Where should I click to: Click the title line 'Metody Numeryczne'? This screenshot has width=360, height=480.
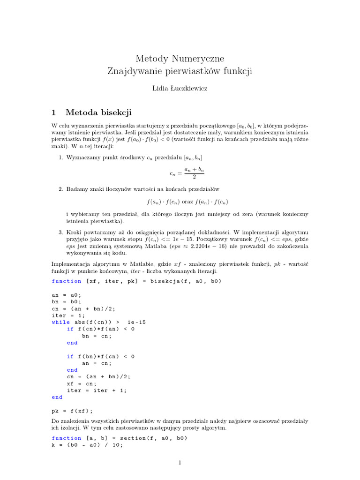click(180, 59)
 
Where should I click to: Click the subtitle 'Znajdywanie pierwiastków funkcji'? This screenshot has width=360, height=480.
click(180, 71)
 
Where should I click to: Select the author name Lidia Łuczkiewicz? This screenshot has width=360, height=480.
click(180, 88)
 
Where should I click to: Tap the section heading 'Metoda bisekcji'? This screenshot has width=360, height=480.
click(99, 112)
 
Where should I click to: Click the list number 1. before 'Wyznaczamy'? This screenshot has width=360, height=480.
click(61, 157)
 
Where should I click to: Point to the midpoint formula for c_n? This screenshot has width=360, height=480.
click(187, 172)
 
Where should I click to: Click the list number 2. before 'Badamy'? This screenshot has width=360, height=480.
click(61, 188)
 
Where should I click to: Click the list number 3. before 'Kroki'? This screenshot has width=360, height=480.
click(61, 232)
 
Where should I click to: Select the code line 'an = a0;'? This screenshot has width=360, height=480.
click(66, 295)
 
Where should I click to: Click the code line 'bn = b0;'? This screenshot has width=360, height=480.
click(66, 302)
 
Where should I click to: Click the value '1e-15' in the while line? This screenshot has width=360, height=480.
click(136, 322)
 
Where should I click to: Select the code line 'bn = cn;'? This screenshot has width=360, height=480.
click(97, 336)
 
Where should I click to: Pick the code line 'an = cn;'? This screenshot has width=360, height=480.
click(97, 363)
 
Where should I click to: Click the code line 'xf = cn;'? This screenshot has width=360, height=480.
click(82, 383)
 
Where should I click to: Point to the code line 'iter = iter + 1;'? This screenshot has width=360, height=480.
click(97, 390)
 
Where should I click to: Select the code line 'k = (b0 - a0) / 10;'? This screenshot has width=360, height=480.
click(87, 445)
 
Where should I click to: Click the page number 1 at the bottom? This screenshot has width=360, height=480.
click(180, 463)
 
